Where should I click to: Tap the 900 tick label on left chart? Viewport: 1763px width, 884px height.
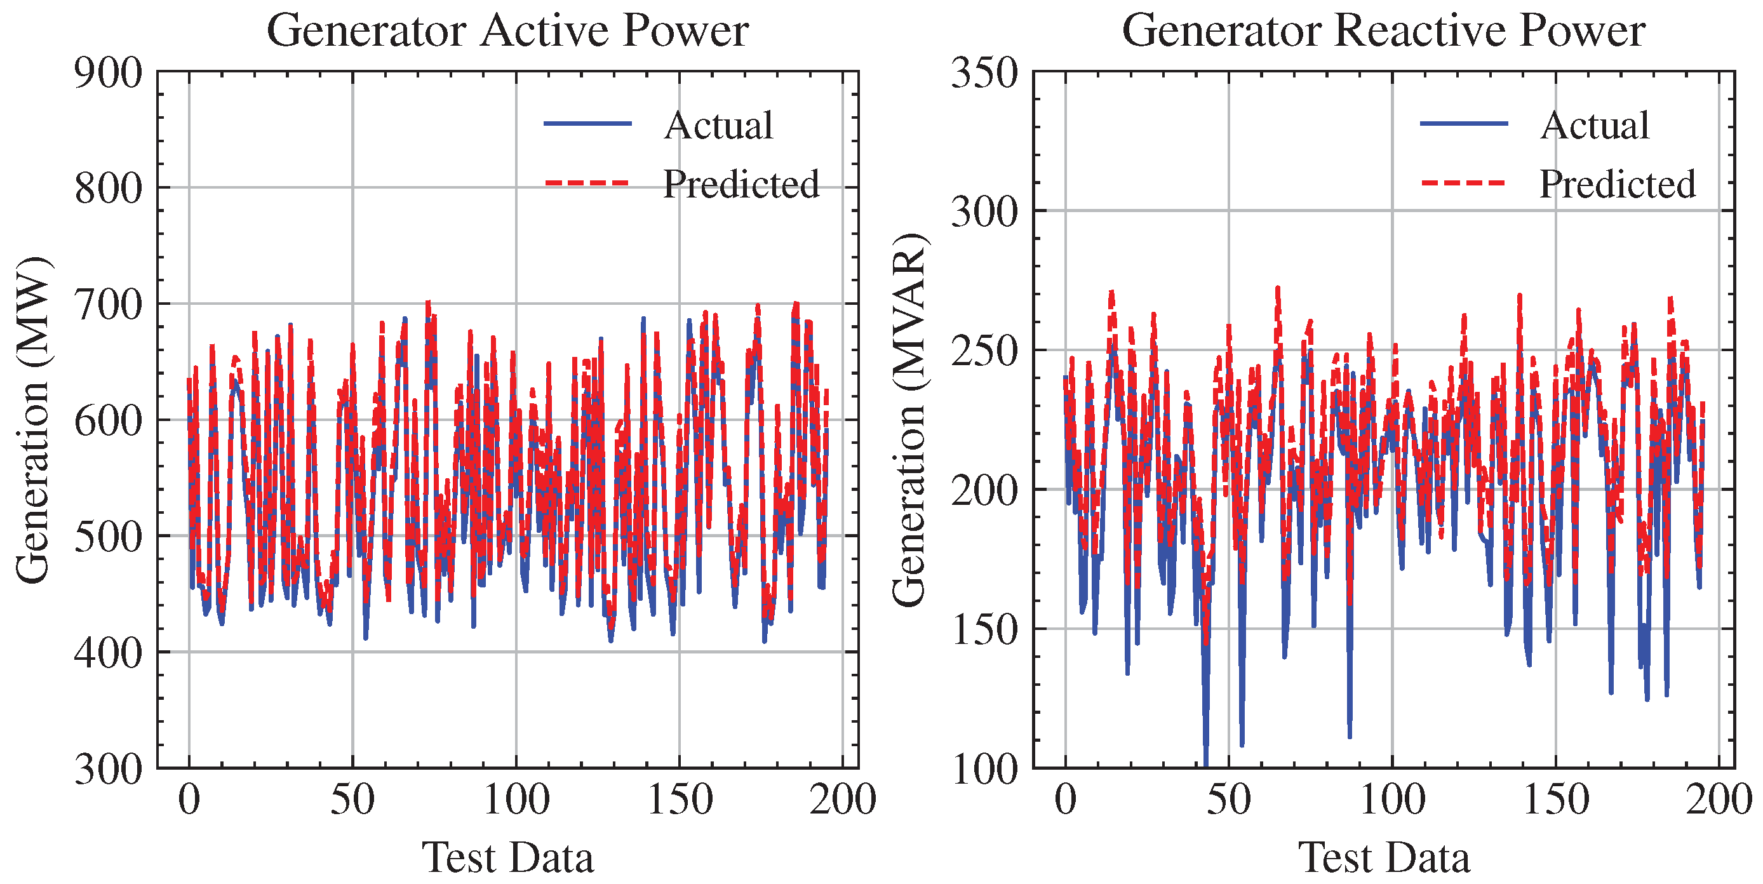coord(109,72)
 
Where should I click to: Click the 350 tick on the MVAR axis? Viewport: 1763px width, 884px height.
coord(985,72)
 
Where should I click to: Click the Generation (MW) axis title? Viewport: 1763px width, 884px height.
coord(33,420)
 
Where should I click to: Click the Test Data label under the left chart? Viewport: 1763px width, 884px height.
coord(507,857)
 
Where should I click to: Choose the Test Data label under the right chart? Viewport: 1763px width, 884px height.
coord(1383,857)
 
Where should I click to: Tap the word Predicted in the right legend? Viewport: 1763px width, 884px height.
coord(1617,184)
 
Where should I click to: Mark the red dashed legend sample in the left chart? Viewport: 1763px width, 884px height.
coord(587,184)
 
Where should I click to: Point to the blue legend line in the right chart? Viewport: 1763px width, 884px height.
coord(1464,124)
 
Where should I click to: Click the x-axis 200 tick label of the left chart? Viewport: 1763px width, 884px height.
coord(843,799)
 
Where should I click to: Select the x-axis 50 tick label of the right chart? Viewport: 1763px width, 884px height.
coord(1228,799)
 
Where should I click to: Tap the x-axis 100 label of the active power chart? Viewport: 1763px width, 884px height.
coord(516,799)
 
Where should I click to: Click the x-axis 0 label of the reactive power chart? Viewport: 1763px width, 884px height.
coord(1066,799)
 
